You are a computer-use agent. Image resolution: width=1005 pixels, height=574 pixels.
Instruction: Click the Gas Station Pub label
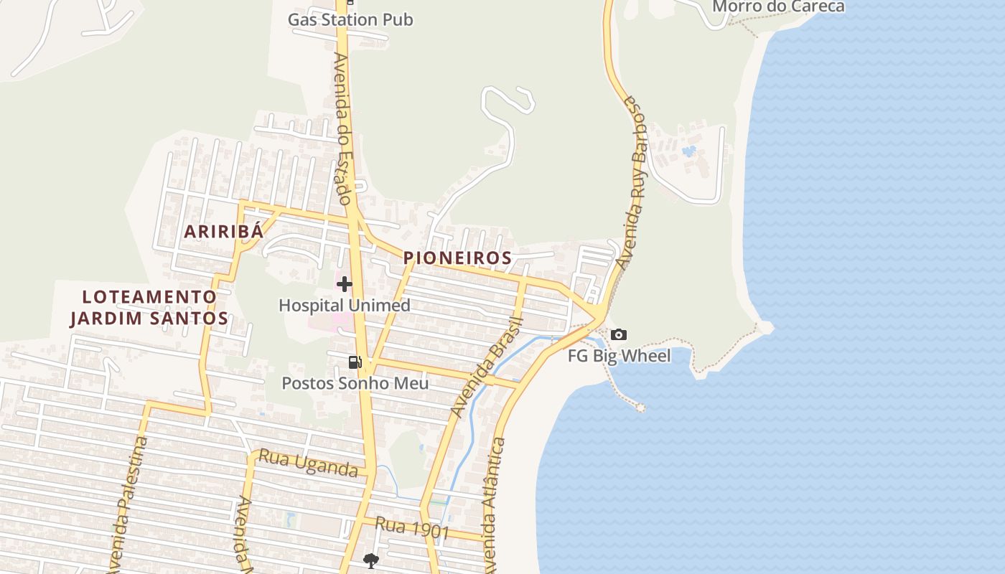coord(350,19)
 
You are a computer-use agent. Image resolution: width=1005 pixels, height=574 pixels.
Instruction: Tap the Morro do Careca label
coord(778,6)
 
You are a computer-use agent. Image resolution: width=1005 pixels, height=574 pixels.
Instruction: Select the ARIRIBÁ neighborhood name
coord(223,231)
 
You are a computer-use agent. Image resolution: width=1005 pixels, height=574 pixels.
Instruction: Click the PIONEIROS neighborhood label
coord(457,258)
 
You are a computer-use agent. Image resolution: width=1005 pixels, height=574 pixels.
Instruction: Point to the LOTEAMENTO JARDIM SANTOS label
coord(149,307)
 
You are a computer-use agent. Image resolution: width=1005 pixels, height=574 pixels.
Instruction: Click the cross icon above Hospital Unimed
coord(345,284)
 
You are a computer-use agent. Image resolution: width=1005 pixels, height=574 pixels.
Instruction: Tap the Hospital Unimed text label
coord(345,305)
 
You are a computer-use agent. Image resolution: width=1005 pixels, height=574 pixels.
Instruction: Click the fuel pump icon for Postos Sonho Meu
coord(355,362)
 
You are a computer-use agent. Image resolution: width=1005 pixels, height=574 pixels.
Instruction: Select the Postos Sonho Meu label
coord(355,383)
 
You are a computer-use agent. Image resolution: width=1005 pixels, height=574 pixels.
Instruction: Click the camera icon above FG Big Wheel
coord(618,335)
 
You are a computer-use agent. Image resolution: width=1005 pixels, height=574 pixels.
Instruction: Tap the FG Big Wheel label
coord(619,356)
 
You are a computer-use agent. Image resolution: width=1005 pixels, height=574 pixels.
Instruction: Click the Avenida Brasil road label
coord(487,366)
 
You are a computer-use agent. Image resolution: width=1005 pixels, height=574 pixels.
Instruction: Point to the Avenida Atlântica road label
coord(492,506)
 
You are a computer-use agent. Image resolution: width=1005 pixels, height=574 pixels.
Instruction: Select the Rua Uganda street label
coord(308,464)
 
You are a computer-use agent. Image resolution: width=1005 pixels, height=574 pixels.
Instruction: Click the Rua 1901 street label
coord(412,530)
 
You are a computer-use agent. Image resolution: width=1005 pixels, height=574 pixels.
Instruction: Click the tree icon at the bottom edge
coord(370,560)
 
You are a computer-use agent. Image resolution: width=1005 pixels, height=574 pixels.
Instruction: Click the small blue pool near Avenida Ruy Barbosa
coord(689,151)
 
